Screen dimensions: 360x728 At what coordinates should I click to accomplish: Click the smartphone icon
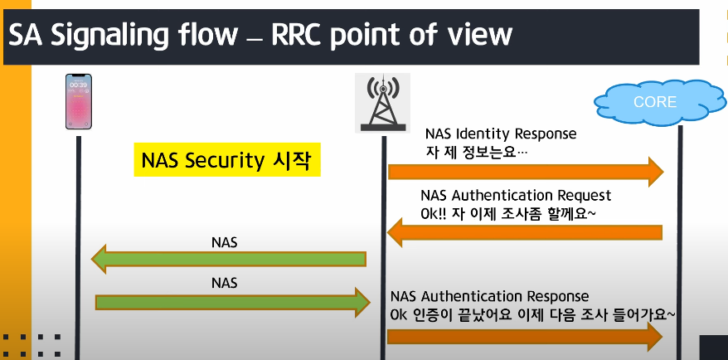coord(79,102)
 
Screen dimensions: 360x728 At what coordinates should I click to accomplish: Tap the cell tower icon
coord(382,103)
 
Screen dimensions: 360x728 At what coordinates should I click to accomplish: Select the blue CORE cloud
coord(655,102)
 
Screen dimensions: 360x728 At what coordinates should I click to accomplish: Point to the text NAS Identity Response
coord(500,133)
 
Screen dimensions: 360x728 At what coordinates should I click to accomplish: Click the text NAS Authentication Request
coord(516,196)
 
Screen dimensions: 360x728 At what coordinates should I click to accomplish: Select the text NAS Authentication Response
coord(489,296)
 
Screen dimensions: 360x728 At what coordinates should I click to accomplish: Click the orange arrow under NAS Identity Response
coord(526,172)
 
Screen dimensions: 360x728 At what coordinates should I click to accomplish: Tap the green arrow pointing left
coord(229,260)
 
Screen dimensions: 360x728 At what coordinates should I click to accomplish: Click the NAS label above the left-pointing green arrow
coord(225,241)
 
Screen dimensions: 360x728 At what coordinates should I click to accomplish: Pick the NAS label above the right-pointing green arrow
coord(225,283)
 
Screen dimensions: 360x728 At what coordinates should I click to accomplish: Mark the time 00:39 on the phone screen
coord(79,85)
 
